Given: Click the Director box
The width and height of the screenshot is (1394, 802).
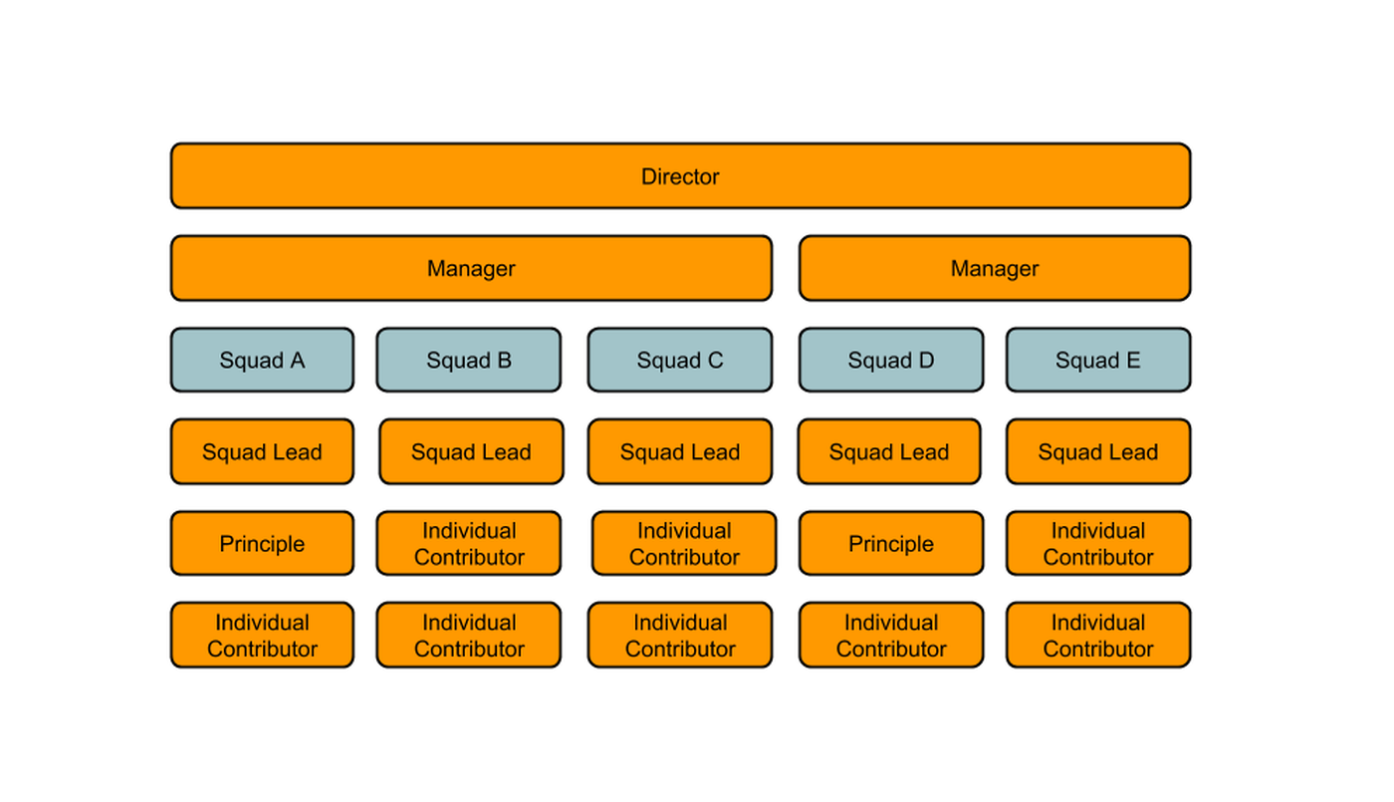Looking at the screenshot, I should pyautogui.click(x=680, y=176).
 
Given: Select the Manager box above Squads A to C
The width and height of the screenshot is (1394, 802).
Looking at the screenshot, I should pyautogui.click(x=471, y=268).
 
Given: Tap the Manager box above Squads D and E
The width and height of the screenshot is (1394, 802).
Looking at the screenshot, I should pyautogui.click(x=995, y=268).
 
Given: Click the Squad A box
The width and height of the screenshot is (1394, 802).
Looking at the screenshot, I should pyautogui.click(x=262, y=360).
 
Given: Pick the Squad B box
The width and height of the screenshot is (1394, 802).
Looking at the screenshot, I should pyautogui.click(x=469, y=360).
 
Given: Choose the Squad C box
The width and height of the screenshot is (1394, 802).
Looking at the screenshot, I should pyautogui.click(x=680, y=360).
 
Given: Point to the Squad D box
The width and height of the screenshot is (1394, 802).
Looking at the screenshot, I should pyautogui.click(x=891, y=360).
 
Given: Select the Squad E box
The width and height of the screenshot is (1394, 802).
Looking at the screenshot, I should pyautogui.click(x=1098, y=360).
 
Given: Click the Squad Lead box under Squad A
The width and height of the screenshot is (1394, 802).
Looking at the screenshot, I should pyautogui.click(x=262, y=451).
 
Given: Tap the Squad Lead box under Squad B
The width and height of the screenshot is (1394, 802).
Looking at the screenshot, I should pyautogui.click(x=471, y=451).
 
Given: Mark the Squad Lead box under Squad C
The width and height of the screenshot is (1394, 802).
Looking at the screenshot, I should pyautogui.click(x=680, y=451).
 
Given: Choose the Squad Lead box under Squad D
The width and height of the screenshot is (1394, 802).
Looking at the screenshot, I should pyautogui.click(x=889, y=451).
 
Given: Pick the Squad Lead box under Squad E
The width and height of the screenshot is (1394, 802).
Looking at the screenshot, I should pyautogui.click(x=1098, y=451).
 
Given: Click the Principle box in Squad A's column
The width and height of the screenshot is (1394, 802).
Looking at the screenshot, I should pyautogui.click(x=262, y=543).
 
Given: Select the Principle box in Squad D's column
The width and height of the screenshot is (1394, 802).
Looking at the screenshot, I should pyautogui.click(x=891, y=543).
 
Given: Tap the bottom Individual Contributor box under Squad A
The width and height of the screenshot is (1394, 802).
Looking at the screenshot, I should pyautogui.click(x=262, y=635).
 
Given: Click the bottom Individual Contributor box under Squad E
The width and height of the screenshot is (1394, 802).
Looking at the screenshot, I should pyautogui.click(x=1098, y=635).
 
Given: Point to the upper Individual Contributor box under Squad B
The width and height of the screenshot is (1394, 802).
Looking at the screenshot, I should pyautogui.click(x=469, y=543).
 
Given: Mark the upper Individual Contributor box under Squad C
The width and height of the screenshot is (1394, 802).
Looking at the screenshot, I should pyautogui.click(x=684, y=543).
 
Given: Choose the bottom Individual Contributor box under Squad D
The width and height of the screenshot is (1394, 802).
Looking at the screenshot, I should pyautogui.click(x=891, y=635).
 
